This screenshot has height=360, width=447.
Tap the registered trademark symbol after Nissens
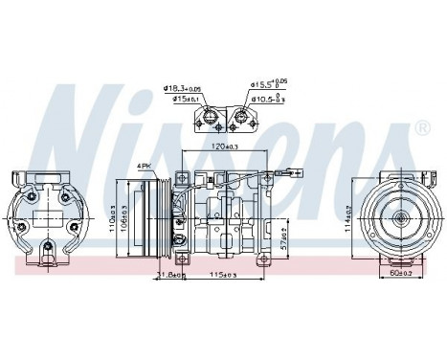pos(422,125)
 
